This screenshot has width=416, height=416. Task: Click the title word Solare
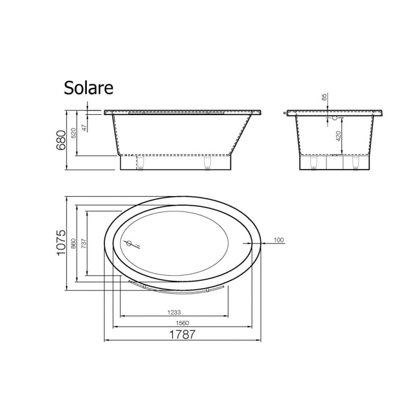[x=88, y=88]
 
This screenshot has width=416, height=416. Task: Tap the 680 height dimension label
[x=61, y=140]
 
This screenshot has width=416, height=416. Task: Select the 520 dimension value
[x=73, y=133]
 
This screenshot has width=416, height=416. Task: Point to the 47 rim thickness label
[x=84, y=127]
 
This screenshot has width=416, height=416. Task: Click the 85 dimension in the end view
[x=324, y=97]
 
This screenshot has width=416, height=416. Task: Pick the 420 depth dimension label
[x=339, y=136]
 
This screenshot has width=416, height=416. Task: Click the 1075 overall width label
[x=61, y=242]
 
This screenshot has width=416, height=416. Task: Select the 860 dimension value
[x=73, y=243]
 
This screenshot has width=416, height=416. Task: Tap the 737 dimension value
[x=84, y=243]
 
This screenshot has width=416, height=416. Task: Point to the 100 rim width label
[x=279, y=240]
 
